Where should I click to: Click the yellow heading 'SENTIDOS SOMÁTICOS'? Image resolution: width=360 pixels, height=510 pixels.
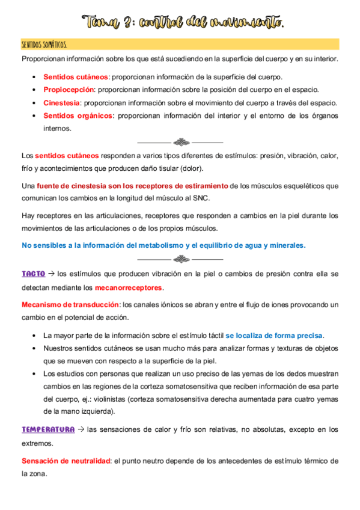click(x=44, y=45)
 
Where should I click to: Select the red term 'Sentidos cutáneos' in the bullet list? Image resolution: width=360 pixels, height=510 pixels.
click(x=75, y=77)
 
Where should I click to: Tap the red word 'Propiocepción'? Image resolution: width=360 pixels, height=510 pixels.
click(x=69, y=90)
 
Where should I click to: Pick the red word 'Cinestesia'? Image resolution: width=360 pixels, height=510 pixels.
click(x=61, y=103)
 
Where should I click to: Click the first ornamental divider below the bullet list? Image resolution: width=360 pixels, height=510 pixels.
click(x=180, y=143)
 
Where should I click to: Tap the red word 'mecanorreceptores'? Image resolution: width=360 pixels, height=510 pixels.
click(x=129, y=287)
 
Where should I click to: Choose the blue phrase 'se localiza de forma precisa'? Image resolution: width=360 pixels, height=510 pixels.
click(x=274, y=335)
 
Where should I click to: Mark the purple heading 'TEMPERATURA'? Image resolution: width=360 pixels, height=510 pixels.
click(x=48, y=430)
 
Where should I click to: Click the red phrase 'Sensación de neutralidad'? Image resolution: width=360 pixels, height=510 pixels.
click(x=66, y=461)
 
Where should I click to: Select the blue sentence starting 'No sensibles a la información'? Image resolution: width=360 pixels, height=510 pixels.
click(x=163, y=245)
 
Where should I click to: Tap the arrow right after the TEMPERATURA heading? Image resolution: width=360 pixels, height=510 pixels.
click(x=81, y=430)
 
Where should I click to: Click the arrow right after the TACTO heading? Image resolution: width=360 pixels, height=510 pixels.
click(x=52, y=274)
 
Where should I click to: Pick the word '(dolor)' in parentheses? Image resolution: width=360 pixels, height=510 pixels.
click(x=191, y=168)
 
